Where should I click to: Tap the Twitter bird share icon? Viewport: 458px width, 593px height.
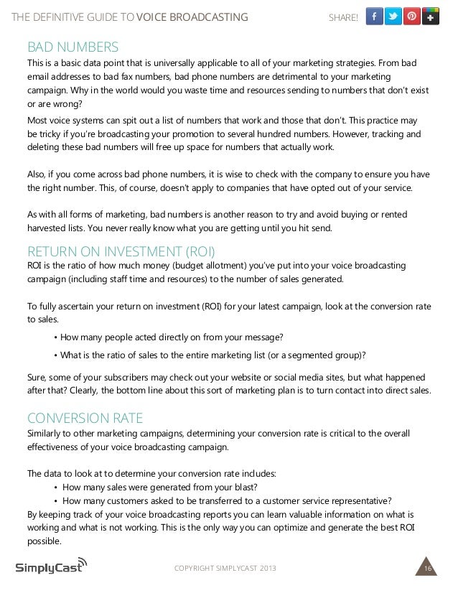[393, 17]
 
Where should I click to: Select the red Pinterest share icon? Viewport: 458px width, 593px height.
[412, 17]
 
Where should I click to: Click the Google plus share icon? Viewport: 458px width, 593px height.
[431, 17]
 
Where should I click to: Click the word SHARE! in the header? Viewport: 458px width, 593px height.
[342, 17]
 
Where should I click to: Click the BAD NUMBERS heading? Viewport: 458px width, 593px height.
[73, 47]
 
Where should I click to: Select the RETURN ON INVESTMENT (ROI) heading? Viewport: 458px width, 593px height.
[121, 251]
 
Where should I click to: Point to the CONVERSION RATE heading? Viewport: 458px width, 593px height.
[85, 418]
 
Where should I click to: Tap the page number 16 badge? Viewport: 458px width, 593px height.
[428, 569]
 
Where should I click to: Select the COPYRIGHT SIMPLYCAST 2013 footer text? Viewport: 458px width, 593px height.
[225, 569]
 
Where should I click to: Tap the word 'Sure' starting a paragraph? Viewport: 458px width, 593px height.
[37, 377]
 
